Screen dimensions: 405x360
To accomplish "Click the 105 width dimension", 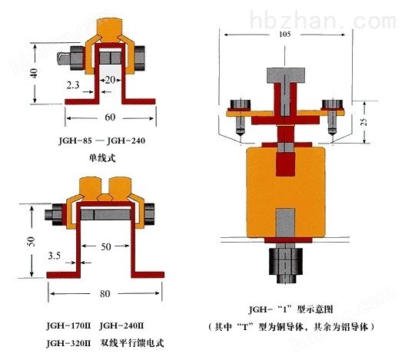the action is click(x=285, y=34).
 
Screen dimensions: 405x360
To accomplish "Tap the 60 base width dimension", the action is click(x=110, y=117).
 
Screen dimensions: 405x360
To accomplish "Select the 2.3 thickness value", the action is click(x=73, y=85).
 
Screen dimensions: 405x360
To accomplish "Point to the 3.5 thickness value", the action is click(x=55, y=256).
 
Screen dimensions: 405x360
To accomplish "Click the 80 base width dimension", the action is click(x=105, y=294).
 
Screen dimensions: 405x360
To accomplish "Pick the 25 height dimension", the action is click(x=364, y=122).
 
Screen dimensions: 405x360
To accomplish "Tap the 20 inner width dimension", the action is click(x=110, y=80).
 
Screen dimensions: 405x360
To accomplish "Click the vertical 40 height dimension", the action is click(x=35, y=73).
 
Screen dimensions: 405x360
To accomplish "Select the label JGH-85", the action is click(x=75, y=140).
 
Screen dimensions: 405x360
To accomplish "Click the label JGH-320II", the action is click(x=68, y=343).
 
